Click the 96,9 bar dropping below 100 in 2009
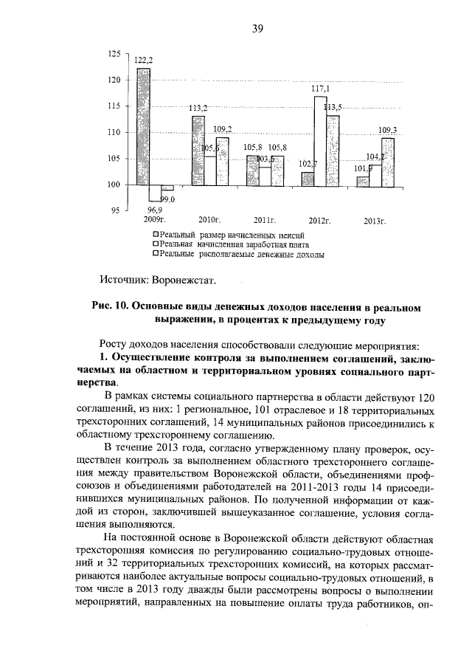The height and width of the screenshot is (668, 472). (154, 193)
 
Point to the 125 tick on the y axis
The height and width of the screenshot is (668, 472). (114, 54)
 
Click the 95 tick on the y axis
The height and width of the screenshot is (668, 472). (115, 211)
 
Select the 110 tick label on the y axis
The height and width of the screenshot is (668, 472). (114, 132)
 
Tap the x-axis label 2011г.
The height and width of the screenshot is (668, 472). (263, 220)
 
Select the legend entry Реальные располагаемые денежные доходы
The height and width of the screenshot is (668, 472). (240, 253)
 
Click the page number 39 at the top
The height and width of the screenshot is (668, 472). (257, 28)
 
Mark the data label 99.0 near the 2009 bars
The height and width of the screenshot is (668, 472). (170, 199)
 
